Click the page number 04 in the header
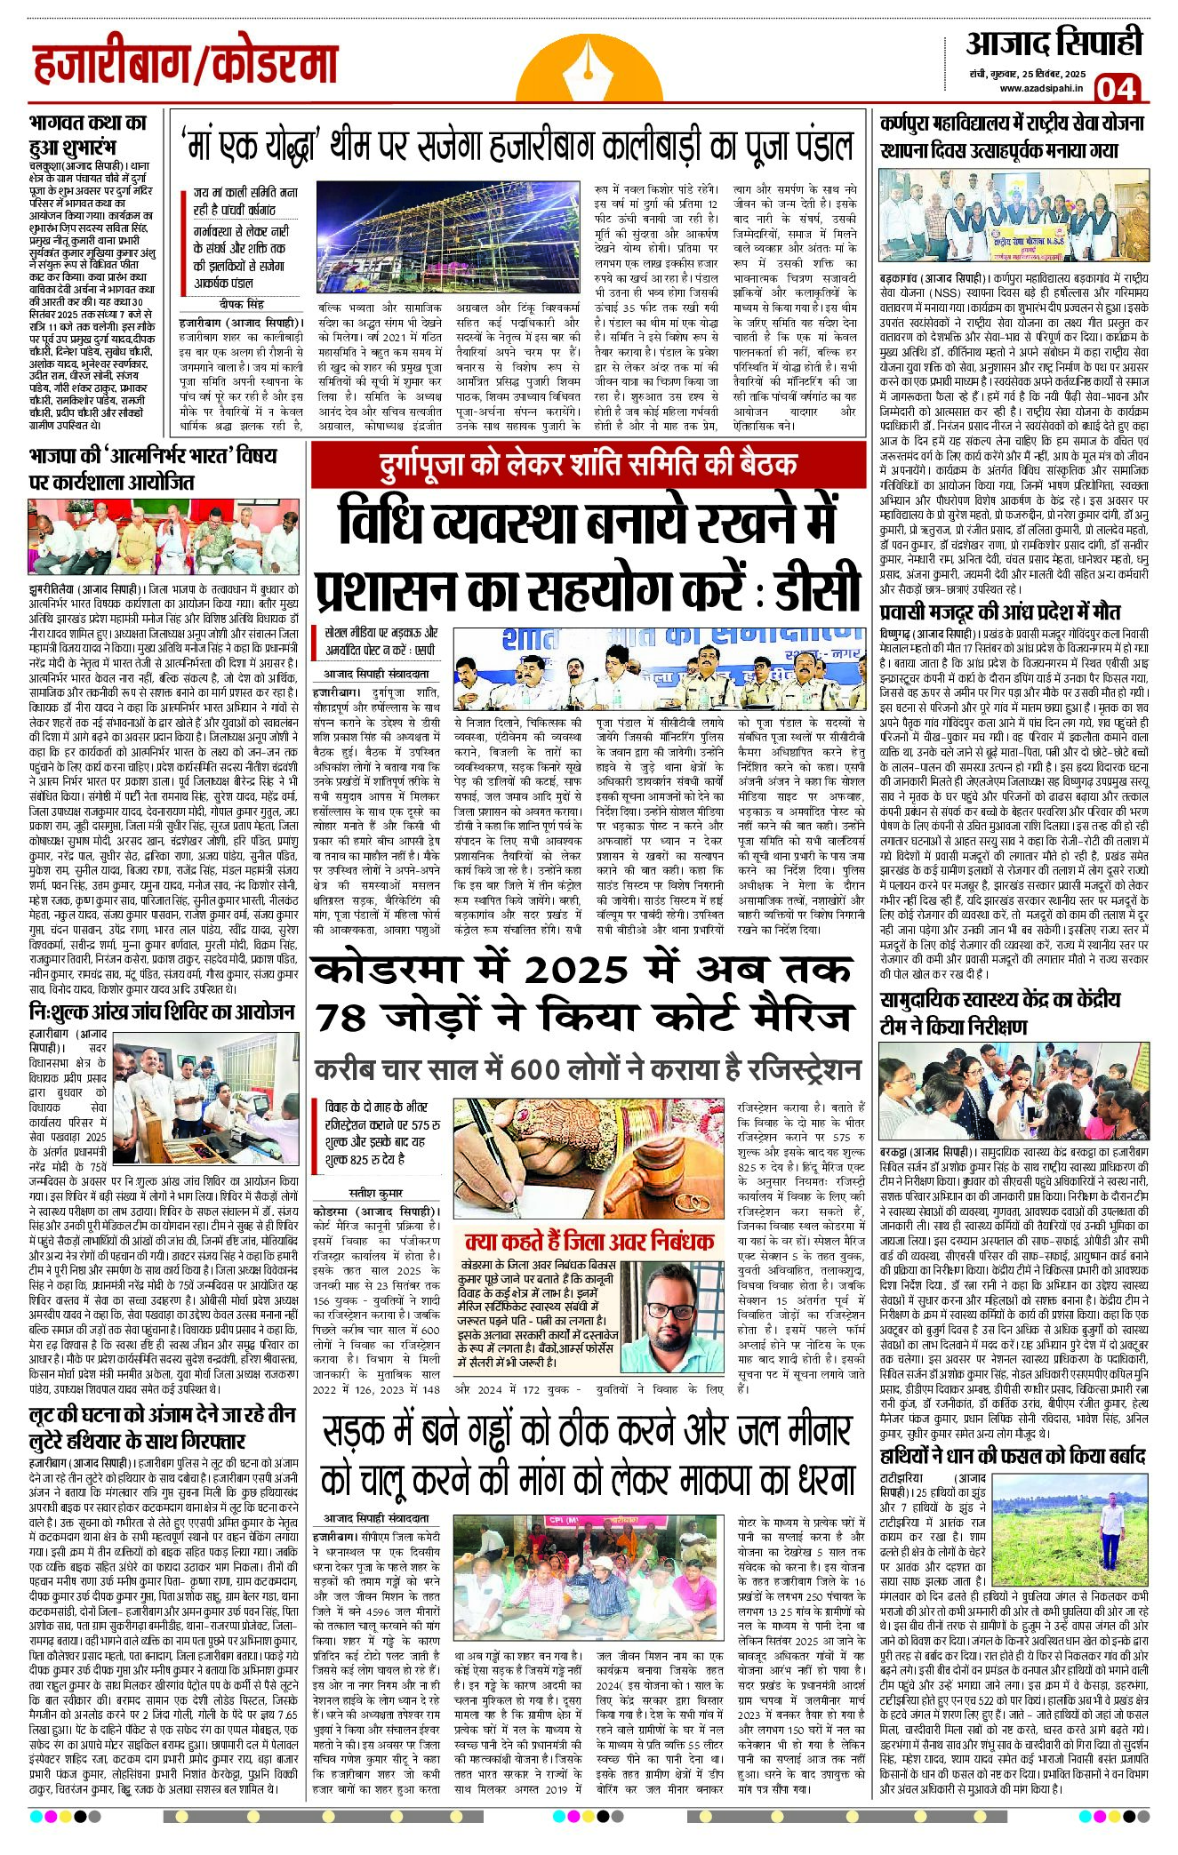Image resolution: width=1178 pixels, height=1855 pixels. [x=1116, y=88]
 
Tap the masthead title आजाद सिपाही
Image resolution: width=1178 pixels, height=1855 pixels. [x=1054, y=43]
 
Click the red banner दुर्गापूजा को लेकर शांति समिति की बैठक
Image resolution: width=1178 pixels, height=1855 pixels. [x=588, y=464]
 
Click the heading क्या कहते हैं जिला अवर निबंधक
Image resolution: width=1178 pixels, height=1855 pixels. [x=589, y=1241]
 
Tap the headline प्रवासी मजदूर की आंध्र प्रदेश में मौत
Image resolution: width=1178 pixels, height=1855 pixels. [x=1000, y=612]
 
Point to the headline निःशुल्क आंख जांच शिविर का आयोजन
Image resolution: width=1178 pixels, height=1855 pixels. [x=162, y=1011]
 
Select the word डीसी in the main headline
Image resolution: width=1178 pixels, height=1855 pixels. [x=816, y=590]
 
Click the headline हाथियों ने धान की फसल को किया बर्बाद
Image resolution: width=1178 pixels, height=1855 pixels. [x=1013, y=1456]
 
